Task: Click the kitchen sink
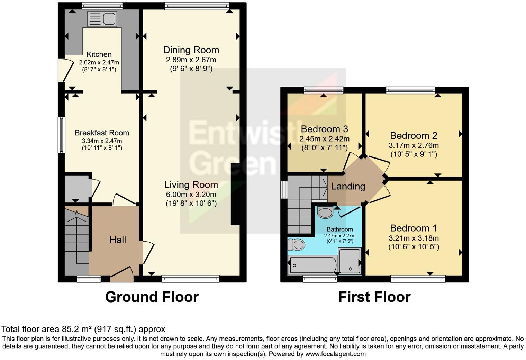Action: pos(102,19)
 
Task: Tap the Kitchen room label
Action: pos(99,54)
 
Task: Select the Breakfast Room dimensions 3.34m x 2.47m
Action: pos(102,141)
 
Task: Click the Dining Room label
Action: pos(191,50)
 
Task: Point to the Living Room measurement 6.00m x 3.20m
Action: pos(191,195)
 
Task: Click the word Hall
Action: pos(118,240)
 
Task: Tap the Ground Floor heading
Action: pos(152,297)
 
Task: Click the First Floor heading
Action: pos(374,297)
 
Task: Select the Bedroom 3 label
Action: pos(324,129)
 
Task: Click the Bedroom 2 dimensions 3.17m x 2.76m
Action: pos(414,145)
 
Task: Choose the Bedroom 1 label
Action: pos(413,228)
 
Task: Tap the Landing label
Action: pos(348,187)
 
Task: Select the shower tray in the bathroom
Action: pos(350,261)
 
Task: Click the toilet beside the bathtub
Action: pos(296,245)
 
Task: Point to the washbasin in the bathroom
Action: pos(325,212)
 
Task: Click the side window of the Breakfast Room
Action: pos(61,135)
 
